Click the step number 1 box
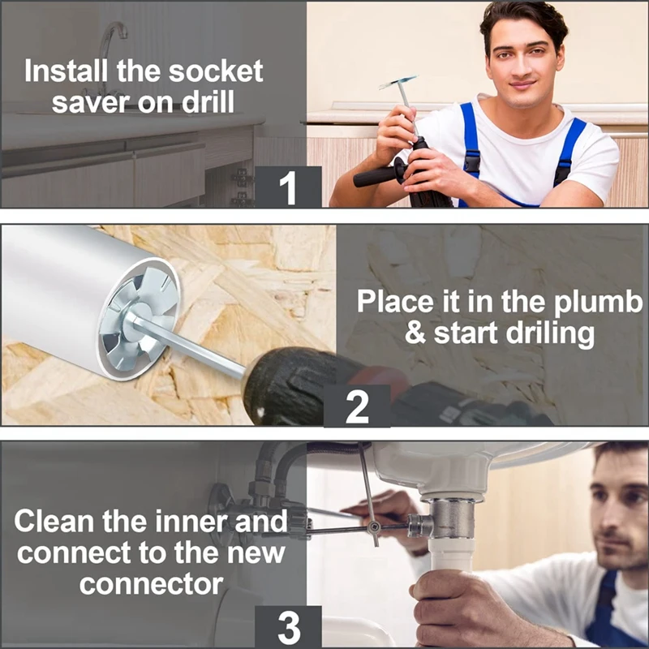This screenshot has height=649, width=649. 288,187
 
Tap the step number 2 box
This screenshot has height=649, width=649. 357,406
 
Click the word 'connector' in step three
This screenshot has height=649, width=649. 151,584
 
